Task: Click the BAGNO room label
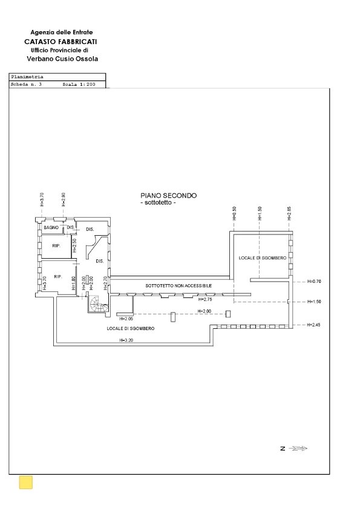50,227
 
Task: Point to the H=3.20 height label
126,340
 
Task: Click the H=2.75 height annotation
205,300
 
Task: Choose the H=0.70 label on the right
313,281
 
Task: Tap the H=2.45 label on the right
313,325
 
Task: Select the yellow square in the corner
26,482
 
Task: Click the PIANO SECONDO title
168,196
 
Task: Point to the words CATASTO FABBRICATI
62,41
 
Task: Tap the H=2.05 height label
126,319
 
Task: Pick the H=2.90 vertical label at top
64,200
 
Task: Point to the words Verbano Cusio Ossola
62,59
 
